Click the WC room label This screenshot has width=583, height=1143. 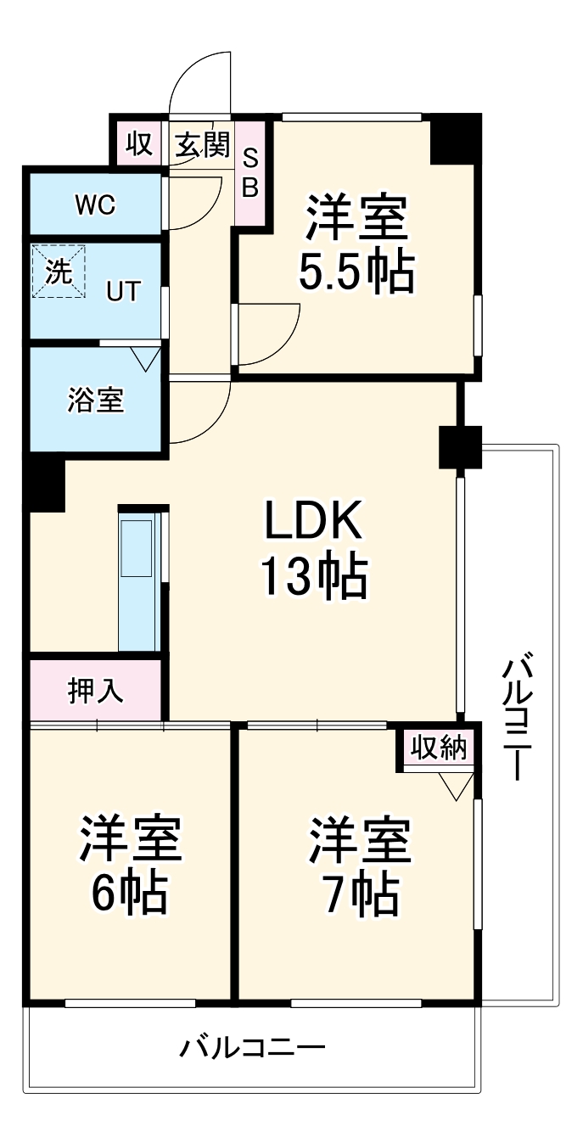point(95,205)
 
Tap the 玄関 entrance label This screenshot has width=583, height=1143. point(203,145)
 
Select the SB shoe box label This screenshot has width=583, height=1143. point(250,173)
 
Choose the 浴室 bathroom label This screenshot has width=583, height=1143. point(96,401)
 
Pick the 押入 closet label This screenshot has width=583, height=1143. point(96,692)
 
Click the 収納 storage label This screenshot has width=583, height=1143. point(439,748)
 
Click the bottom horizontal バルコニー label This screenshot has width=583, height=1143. point(251,1049)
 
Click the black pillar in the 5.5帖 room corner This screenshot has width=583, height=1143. point(455,139)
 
